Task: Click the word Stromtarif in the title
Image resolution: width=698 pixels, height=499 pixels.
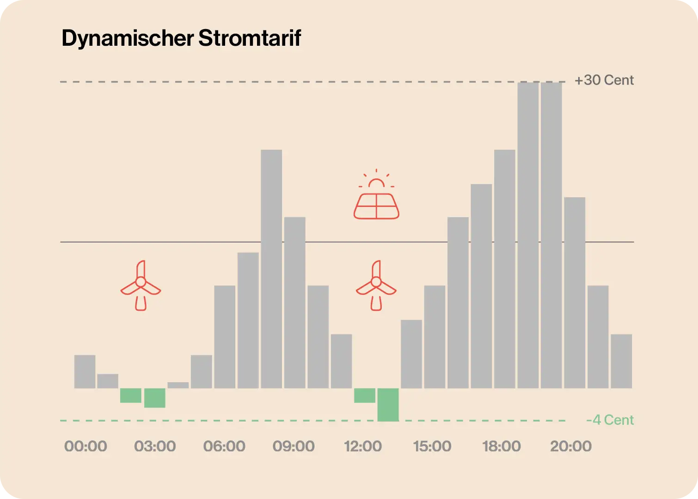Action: point(250,38)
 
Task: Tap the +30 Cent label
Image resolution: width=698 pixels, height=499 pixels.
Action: point(604,80)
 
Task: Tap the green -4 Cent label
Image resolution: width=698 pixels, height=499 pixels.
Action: point(610,420)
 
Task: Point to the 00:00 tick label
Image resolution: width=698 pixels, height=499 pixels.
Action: point(86,446)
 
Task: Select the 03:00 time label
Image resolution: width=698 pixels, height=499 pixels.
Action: point(155,446)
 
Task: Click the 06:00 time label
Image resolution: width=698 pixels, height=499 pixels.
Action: point(224,446)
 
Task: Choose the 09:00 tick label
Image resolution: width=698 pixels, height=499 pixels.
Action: point(294,446)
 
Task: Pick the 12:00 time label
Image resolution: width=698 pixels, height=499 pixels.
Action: point(363,446)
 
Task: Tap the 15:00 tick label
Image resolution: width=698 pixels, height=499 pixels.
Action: point(432,446)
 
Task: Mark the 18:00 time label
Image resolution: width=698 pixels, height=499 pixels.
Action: point(502,446)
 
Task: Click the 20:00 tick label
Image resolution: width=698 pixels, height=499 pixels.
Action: point(571,446)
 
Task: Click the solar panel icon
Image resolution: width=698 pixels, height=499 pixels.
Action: point(376,206)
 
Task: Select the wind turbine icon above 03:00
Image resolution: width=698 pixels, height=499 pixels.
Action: point(141,286)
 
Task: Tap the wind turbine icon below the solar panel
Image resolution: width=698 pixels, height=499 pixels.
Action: point(376,286)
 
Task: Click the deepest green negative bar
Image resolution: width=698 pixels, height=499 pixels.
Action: point(388,405)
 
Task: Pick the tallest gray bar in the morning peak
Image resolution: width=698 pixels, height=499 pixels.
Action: point(271,268)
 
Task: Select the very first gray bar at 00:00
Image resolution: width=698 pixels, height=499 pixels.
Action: point(85,371)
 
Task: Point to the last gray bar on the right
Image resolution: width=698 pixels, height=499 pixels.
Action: point(621,361)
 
